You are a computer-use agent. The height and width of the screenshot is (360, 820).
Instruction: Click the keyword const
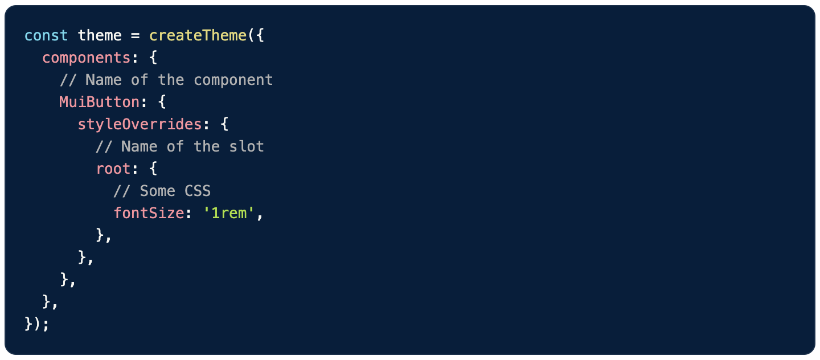[x=46, y=35]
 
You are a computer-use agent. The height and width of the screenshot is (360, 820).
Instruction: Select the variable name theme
[x=100, y=35]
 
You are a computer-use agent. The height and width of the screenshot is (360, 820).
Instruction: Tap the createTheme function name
[x=198, y=35]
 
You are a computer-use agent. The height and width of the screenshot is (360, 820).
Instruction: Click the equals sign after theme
[x=135, y=35]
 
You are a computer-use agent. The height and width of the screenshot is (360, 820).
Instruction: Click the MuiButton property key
[x=99, y=102]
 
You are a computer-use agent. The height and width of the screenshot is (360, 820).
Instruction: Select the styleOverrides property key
[x=140, y=124]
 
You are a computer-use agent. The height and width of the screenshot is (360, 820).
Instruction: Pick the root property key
[x=113, y=169]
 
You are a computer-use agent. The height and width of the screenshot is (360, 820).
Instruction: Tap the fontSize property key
[x=149, y=213]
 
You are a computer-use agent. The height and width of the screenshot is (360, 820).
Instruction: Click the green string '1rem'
[x=228, y=213]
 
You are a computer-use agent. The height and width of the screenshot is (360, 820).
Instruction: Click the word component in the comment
[x=233, y=80]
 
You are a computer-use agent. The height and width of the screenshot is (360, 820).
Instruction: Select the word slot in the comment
[x=247, y=146]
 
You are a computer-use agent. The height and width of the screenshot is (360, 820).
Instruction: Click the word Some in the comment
[x=157, y=191]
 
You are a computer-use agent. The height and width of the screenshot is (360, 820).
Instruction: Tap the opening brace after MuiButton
[x=162, y=103]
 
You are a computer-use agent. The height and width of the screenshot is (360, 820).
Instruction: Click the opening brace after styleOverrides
[x=224, y=125]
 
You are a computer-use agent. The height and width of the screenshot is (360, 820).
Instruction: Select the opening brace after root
[x=153, y=169]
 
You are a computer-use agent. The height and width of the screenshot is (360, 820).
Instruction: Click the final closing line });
[x=37, y=324]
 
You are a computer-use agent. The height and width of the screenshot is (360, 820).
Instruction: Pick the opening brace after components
[x=153, y=58]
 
